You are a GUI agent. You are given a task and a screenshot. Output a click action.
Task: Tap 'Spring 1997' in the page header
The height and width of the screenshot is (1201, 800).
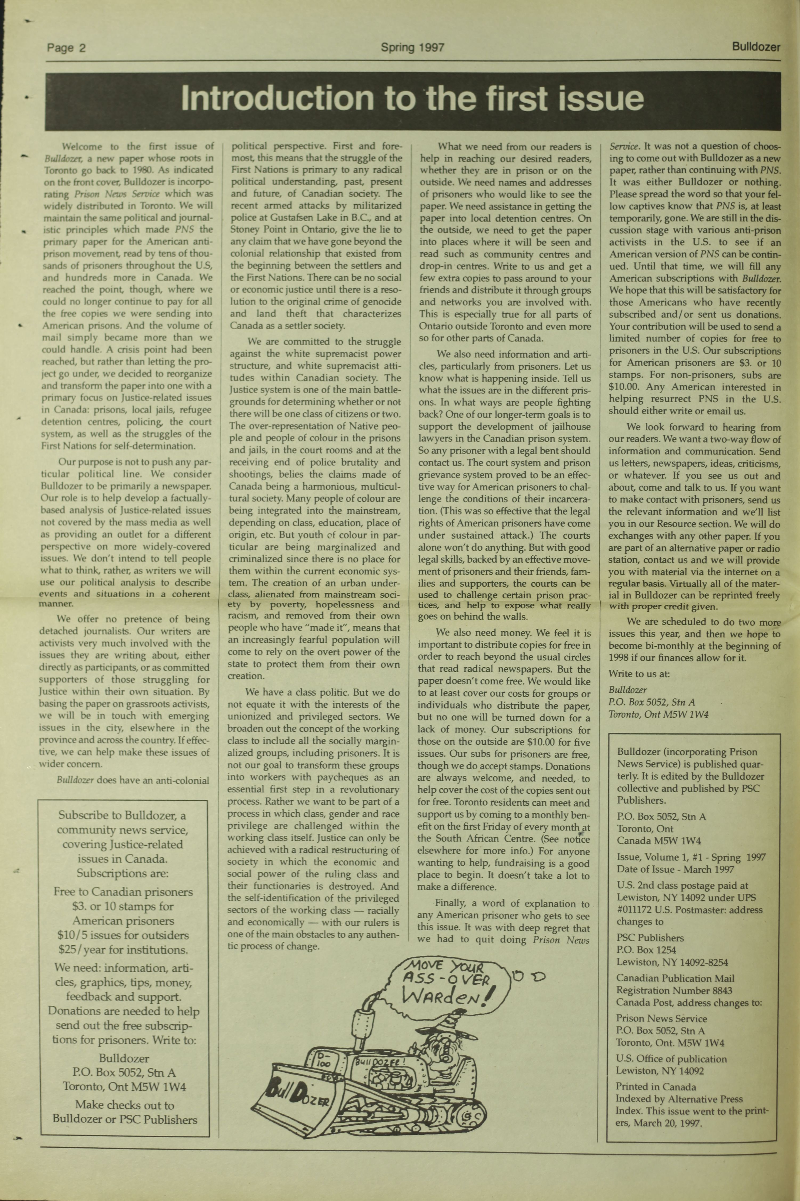pyautogui.click(x=412, y=48)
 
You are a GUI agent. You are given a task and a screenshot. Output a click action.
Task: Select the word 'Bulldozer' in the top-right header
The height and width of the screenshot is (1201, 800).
pyautogui.click(x=756, y=47)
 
